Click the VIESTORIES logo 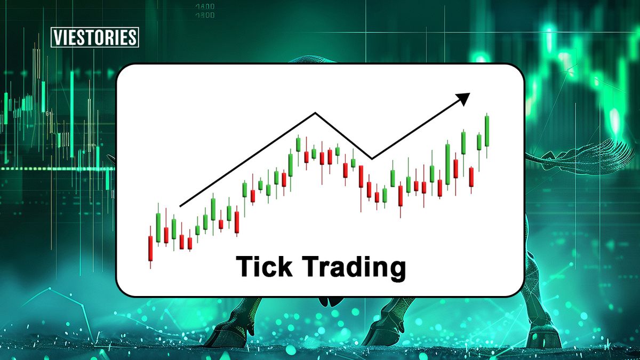(x=95, y=38)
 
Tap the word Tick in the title (x=261, y=267)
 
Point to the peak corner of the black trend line (x=316, y=113)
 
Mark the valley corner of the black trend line (x=372, y=158)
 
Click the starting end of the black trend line (x=180, y=205)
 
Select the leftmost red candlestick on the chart (x=150, y=248)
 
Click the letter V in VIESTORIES (x=58, y=38)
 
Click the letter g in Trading (x=395, y=270)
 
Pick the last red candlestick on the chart (x=471, y=177)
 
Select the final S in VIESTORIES (x=133, y=38)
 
